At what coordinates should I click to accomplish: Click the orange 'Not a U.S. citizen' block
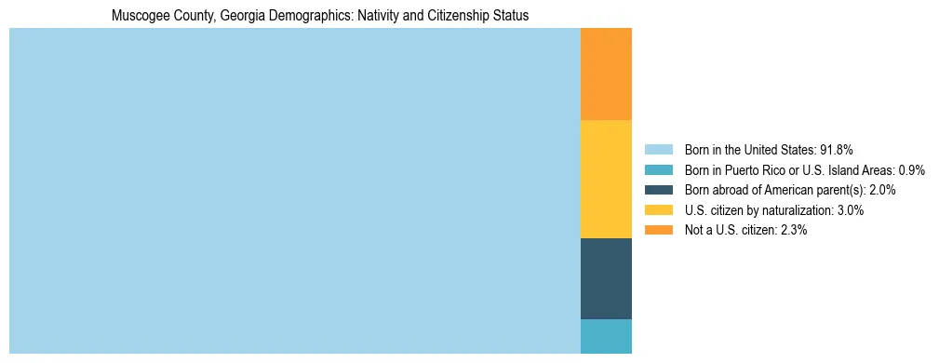tap(606, 74)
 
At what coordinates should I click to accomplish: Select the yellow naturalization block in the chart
tap(606, 179)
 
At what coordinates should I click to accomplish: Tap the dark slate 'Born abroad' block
tap(606, 278)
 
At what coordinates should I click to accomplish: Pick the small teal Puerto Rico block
tap(606, 336)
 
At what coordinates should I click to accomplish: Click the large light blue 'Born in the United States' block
tap(294, 191)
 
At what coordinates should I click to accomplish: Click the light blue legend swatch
tap(658, 150)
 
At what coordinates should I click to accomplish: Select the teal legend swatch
tap(658, 170)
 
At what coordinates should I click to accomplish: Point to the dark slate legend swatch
tap(658, 190)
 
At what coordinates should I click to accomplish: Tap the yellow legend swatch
tap(658, 210)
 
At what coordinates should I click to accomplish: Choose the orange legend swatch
tap(658, 230)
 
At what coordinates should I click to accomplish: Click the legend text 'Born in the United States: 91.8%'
tap(769, 150)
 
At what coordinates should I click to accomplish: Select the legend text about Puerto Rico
tap(804, 170)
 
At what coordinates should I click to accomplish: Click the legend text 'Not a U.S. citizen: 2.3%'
tap(746, 230)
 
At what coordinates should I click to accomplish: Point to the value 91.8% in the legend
tap(836, 150)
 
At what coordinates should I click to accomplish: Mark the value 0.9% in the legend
tap(910, 170)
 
